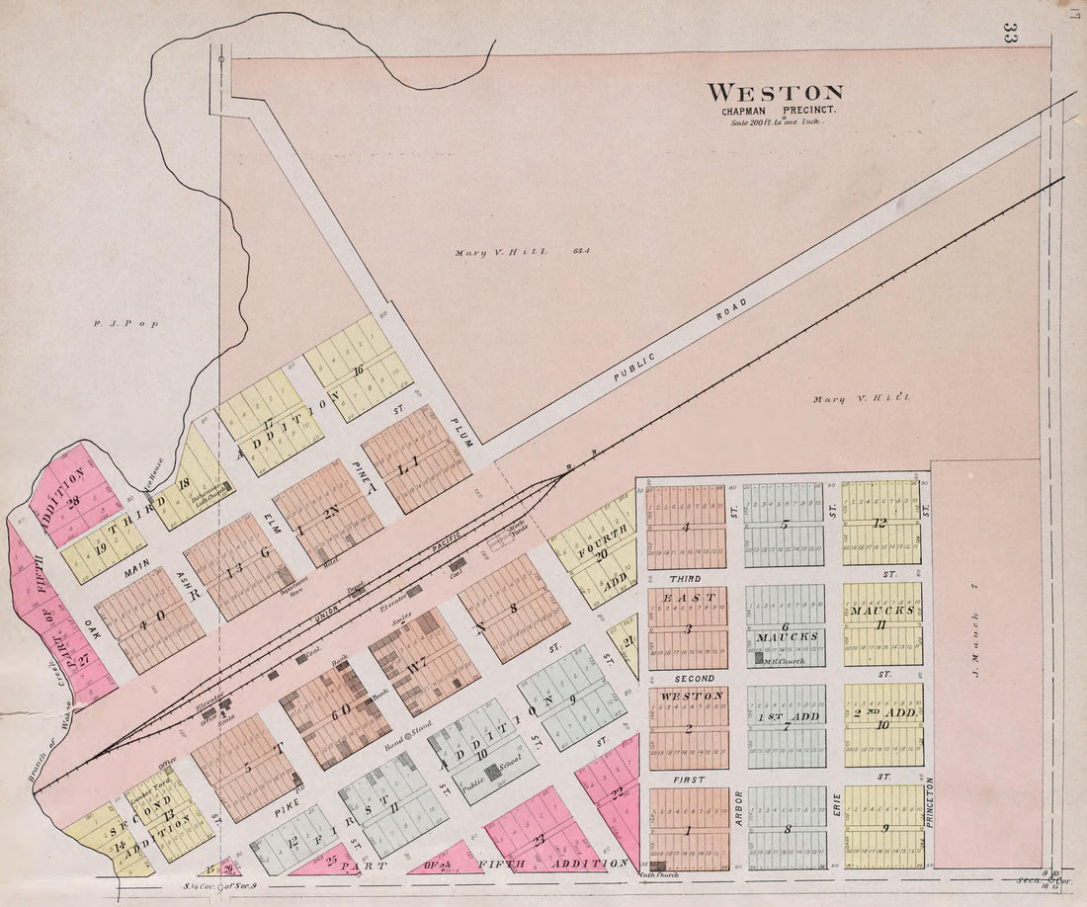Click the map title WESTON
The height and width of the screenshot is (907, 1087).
(x=775, y=94)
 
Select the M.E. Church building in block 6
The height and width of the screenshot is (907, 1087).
(x=757, y=658)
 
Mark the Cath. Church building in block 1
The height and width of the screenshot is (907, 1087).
(x=658, y=865)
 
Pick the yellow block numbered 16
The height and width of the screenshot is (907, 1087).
(x=358, y=368)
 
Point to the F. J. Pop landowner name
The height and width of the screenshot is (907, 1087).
(x=112, y=323)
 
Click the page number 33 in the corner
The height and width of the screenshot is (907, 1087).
(x=1010, y=33)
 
